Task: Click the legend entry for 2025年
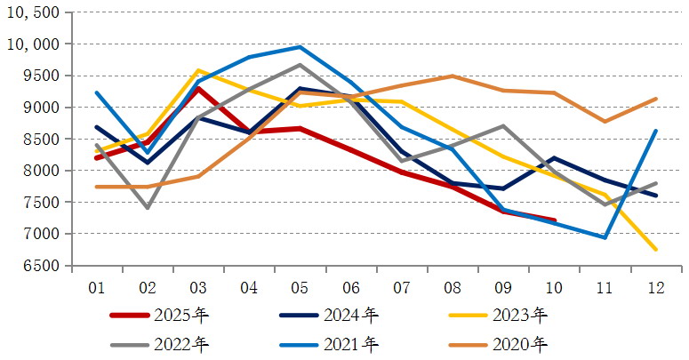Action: pos(178,315)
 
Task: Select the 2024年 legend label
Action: pos(353,315)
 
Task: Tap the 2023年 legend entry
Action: pos(522,315)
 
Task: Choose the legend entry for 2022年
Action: pos(178,343)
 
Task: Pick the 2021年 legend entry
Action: pos(353,343)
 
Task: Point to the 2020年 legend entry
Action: pos(522,343)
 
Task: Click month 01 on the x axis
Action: pos(97,287)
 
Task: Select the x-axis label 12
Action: pos(655,287)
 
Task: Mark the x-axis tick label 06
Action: pos(350,287)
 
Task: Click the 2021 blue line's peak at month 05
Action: pos(300,47)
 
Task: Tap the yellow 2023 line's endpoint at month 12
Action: pos(655,250)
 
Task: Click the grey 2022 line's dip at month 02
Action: pos(148,208)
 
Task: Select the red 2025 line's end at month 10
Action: pos(554,220)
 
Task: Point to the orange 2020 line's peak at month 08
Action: pos(453,76)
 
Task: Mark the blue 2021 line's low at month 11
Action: pos(605,237)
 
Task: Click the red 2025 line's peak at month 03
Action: pos(198,88)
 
